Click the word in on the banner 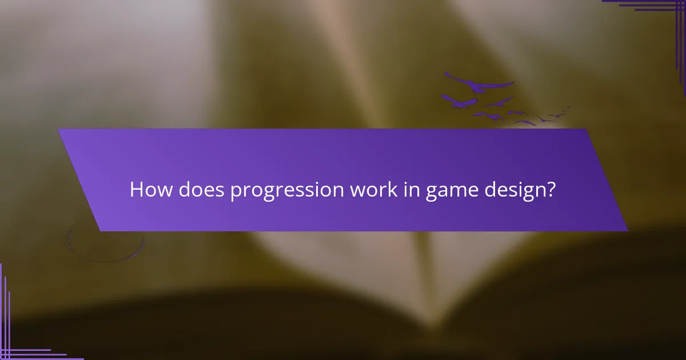coord(411,190)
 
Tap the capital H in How coord(137,190)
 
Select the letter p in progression coord(236,192)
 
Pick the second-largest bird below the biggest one coord(460,102)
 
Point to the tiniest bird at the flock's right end coord(567,107)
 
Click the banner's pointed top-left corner coord(59,130)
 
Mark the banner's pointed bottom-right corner coord(627,230)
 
